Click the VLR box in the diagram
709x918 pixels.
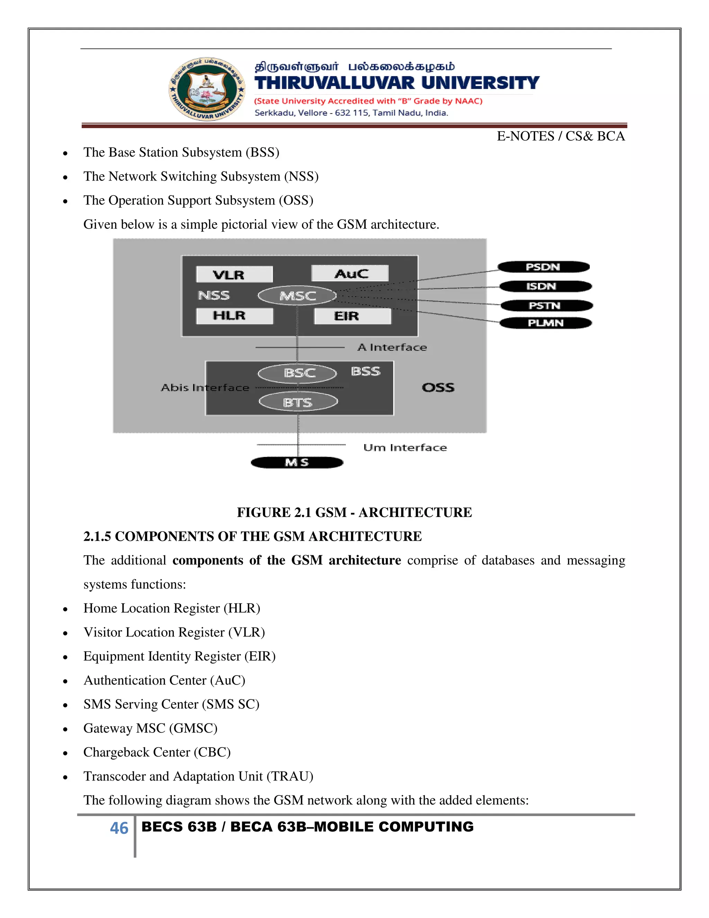click(x=234, y=274)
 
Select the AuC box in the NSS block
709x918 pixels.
click(x=350, y=274)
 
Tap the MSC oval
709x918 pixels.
click(x=297, y=295)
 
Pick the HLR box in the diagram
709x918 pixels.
click(x=234, y=316)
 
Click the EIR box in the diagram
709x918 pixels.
click(x=352, y=316)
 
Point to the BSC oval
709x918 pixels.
click(x=297, y=373)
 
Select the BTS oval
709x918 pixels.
click(x=298, y=402)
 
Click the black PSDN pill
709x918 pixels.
click(x=544, y=267)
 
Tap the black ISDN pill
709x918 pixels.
click(x=545, y=286)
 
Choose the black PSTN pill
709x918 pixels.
click(x=546, y=306)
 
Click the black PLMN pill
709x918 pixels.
click(x=546, y=323)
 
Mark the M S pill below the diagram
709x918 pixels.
click(x=297, y=462)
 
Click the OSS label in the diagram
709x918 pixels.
click(x=438, y=387)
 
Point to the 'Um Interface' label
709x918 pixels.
click(x=405, y=447)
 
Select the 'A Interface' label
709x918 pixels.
click(x=392, y=347)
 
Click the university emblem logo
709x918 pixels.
click(x=207, y=89)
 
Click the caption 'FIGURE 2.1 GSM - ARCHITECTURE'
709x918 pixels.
click(x=354, y=512)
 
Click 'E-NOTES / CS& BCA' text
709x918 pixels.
click(x=560, y=136)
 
